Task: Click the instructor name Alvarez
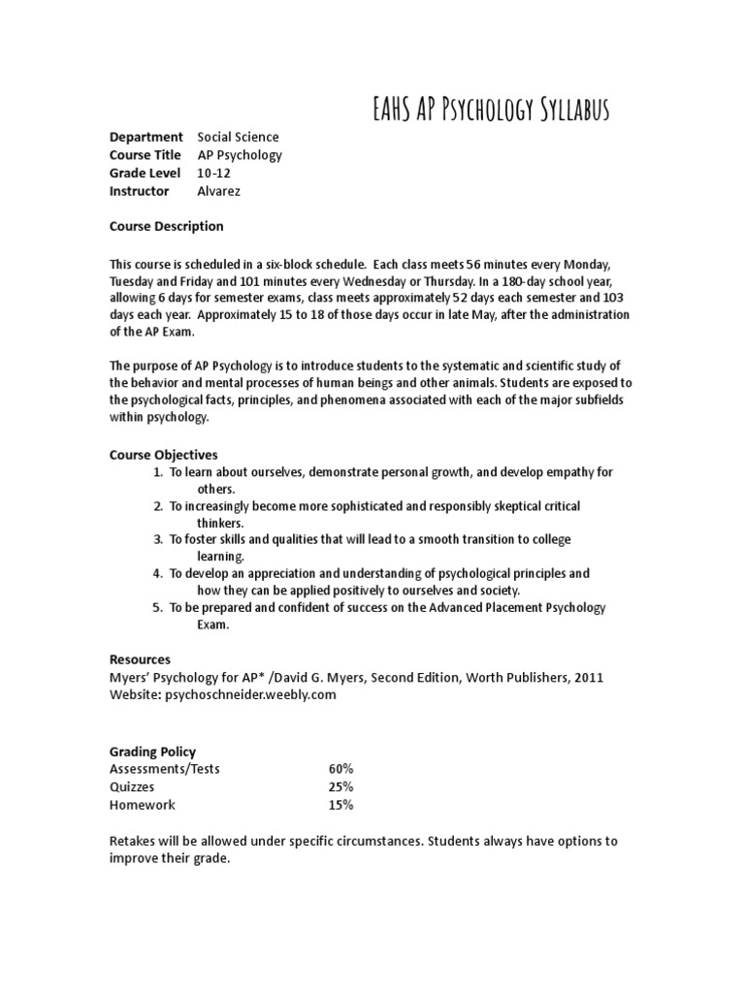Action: click(219, 191)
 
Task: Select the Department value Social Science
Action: click(238, 137)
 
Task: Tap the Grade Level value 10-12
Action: click(214, 173)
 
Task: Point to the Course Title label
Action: click(146, 155)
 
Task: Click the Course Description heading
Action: click(166, 226)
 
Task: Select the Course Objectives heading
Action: click(163, 454)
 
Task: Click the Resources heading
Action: click(140, 659)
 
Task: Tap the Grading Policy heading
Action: click(152, 751)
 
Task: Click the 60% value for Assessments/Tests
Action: click(340, 769)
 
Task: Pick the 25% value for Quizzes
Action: click(340, 787)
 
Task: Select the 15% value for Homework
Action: click(340, 805)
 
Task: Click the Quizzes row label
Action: click(132, 787)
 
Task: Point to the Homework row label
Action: click(143, 805)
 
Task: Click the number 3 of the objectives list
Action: click(158, 539)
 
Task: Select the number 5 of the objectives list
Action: click(158, 608)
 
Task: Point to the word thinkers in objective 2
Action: click(221, 523)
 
